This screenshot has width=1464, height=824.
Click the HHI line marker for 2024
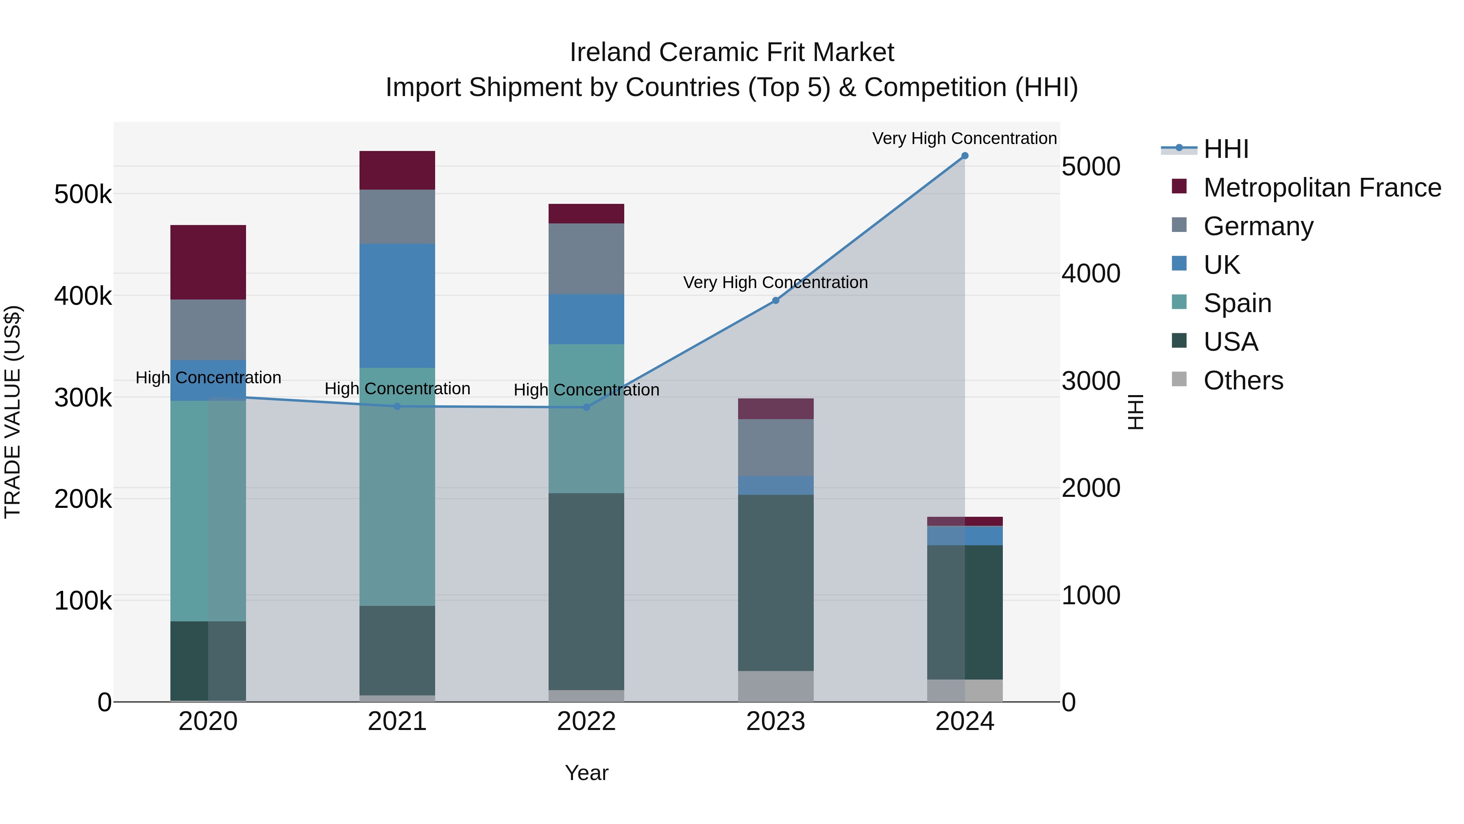[x=965, y=156]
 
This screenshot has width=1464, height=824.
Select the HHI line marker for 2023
[x=775, y=300]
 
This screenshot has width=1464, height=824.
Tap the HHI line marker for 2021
[x=397, y=407]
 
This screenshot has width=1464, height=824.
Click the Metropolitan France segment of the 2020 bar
[x=208, y=262]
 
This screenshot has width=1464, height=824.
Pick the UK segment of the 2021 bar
[x=397, y=306]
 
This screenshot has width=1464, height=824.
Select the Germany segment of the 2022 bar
[x=586, y=259]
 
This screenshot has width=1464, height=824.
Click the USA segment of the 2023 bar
[x=775, y=583]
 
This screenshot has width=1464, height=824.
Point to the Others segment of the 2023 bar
[x=775, y=686]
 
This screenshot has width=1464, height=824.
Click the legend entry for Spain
[x=1237, y=303]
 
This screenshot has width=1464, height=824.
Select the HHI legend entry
[x=1225, y=149]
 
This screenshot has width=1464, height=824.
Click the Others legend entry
[x=1242, y=380]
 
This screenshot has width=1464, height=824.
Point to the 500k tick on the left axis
[x=83, y=195]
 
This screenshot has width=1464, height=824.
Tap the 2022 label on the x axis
[x=586, y=721]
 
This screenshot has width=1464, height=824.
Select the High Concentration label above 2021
[x=397, y=389]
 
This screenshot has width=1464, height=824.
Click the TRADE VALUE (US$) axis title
[x=13, y=412]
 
